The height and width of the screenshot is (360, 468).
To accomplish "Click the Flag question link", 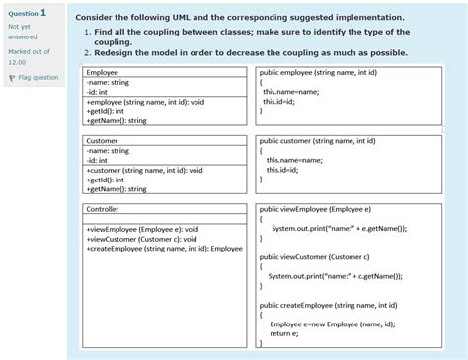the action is [38, 77].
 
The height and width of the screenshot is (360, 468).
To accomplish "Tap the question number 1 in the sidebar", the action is [43, 13].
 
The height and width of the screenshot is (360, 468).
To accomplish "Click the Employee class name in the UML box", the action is [102, 73].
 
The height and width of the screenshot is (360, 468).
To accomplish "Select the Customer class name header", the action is [102, 141].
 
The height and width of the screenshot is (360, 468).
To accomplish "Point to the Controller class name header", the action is [103, 210].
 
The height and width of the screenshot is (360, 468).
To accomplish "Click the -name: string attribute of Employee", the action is [108, 83].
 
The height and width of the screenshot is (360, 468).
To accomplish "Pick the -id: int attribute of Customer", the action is [98, 161].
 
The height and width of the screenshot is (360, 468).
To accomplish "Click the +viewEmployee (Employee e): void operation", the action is [142, 229].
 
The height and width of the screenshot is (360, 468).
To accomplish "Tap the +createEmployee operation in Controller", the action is [164, 249].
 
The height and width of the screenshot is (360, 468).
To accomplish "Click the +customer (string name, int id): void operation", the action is [145, 170].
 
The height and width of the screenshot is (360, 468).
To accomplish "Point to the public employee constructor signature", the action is [317, 73].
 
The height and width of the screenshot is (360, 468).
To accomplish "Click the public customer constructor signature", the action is [317, 141].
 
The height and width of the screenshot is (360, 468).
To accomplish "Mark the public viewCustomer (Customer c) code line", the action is [314, 257].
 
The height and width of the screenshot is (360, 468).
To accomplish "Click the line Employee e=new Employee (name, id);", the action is [332, 324].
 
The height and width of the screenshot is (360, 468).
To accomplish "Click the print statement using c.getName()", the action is [336, 277].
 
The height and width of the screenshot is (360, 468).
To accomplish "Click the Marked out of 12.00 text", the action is [30, 55].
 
